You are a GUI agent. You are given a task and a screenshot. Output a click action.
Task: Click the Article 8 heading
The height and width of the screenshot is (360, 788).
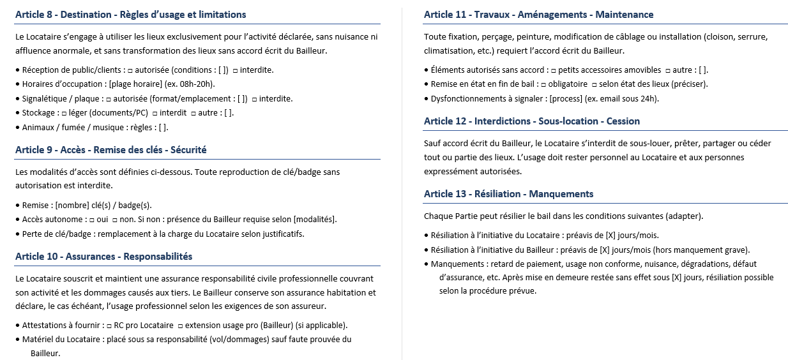coord(130,15)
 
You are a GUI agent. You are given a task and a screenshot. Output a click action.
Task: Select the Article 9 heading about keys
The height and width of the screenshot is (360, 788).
coord(110,150)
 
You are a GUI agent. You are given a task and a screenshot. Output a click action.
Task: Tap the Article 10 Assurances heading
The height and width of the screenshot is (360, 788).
coord(103,257)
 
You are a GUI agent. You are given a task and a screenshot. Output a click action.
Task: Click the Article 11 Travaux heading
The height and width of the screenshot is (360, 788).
coord(538,15)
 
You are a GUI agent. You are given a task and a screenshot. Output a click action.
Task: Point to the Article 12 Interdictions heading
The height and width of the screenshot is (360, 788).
coord(531,121)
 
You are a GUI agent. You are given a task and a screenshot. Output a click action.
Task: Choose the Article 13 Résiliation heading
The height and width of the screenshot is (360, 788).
coord(508,194)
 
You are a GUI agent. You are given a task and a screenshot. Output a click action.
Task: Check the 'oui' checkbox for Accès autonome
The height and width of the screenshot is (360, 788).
coord(92,220)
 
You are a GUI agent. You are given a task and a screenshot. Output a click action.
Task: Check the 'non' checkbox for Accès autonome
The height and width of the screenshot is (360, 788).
coord(114,220)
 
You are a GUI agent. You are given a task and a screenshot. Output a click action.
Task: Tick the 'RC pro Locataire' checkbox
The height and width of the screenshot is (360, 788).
coord(109,326)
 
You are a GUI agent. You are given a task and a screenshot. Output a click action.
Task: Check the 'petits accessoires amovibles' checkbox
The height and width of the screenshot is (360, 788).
coord(553,70)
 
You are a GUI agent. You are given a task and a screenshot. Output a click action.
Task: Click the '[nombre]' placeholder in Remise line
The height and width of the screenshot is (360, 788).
coord(72,206)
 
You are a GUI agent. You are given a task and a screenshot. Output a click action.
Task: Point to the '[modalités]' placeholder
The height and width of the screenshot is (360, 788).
coord(314,220)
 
